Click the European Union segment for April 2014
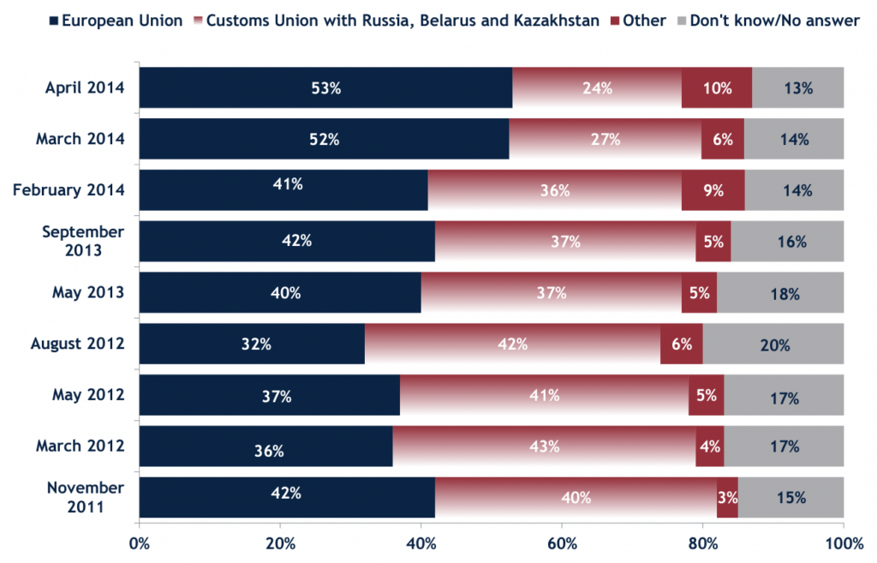pyautogui.click(x=325, y=87)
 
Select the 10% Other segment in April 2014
pyautogui.click(x=717, y=87)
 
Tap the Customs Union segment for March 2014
pyautogui.click(x=605, y=139)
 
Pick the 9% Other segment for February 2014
pyautogui.click(x=713, y=190)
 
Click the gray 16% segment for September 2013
pyautogui.click(x=787, y=242)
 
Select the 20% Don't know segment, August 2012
pyautogui.click(x=773, y=344)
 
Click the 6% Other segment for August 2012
pyautogui.click(x=682, y=344)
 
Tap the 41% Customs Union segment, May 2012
pyautogui.click(x=544, y=396)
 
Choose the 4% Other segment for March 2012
pyautogui.click(x=710, y=446)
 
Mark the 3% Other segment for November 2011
pyautogui.click(x=726, y=498)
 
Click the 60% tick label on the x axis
pyautogui.click(x=562, y=542)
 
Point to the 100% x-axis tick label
pyautogui.click(x=843, y=542)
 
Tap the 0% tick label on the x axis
pyautogui.click(x=139, y=542)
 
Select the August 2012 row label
pyautogui.click(x=78, y=344)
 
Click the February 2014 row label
pyautogui.click(x=69, y=190)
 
